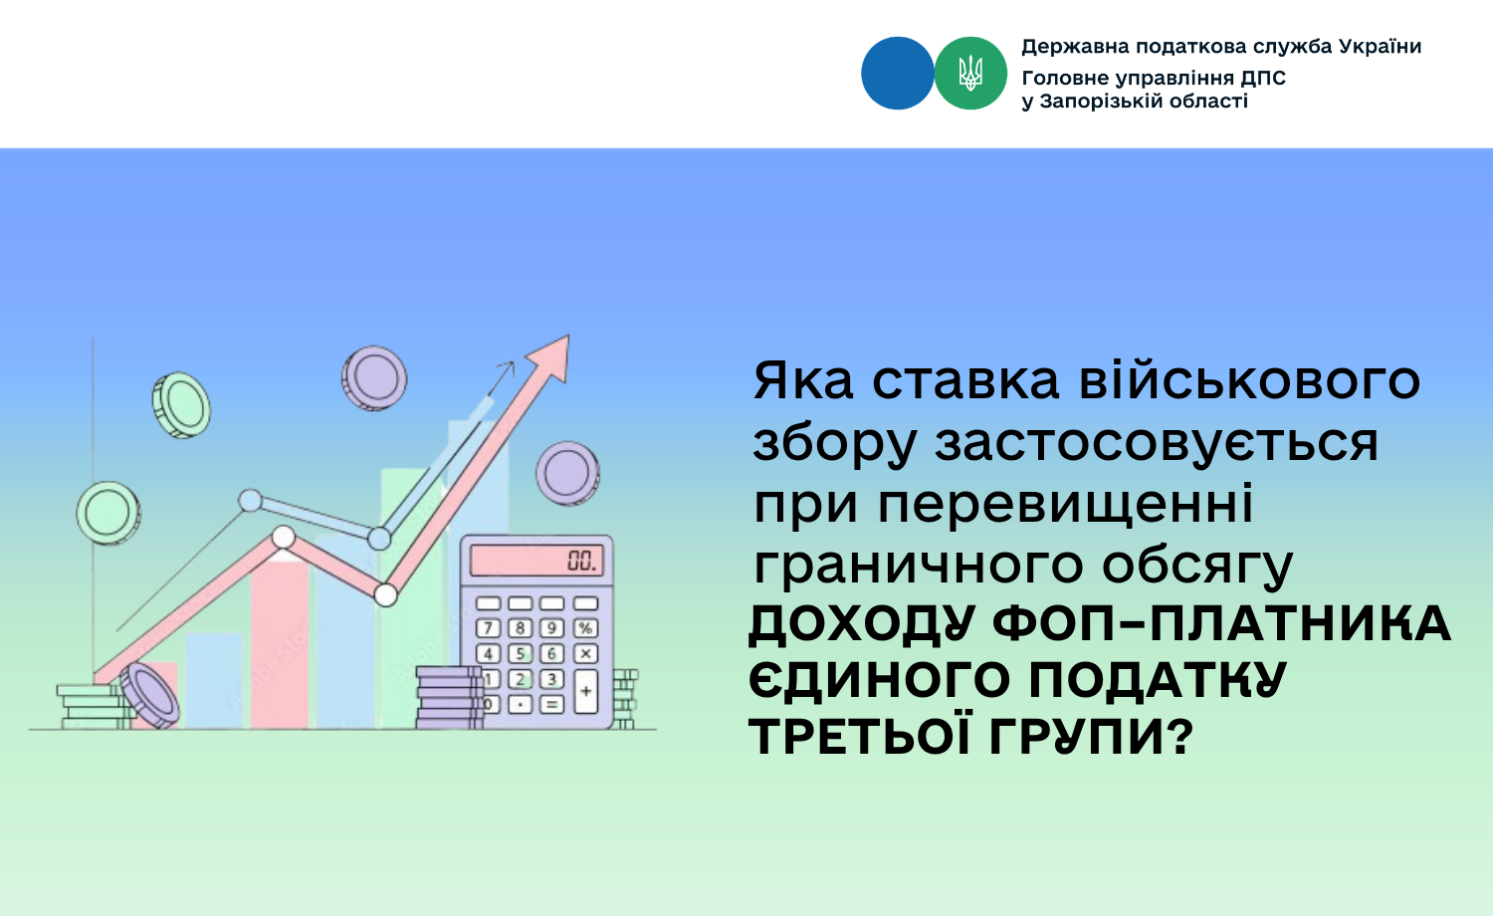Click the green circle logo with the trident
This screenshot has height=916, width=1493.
pyautogui.click(x=969, y=73)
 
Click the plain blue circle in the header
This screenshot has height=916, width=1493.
pyautogui.click(x=897, y=73)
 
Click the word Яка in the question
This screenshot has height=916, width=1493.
pyautogui.click(x=803, y=380)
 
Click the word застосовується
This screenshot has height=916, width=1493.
pyautogui.click(x=1157, y=444)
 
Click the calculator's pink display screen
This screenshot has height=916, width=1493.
pyautogui.click(x=535, y=560)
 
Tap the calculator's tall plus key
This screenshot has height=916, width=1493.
pyautogui.click(x=585, y=691)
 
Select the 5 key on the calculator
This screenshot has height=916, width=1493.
pyautogui.click(x=520, y=653)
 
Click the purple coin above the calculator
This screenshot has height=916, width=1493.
pyautogui.click(x=567, y=473)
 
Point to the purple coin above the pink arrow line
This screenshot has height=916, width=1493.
pyautogui.click(x=374, y=378)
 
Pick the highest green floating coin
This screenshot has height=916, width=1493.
pyautogui.click(x=181, y=404)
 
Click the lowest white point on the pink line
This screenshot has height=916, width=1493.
pyautogui.click(x=385, y=594)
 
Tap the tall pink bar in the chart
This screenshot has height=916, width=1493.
pyautogui.click(x=280, y=644)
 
